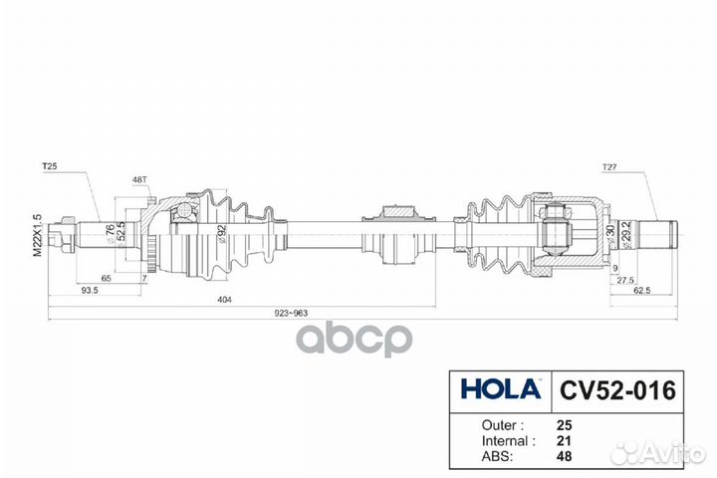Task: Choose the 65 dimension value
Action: coord(107,281)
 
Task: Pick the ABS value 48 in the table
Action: coord(565,457)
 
